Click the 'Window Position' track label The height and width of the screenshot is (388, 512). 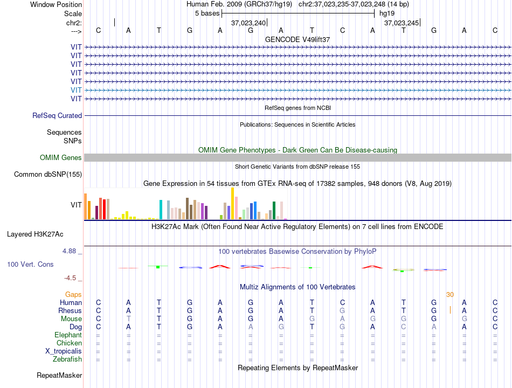point(56,4)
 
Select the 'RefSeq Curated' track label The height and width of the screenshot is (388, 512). point(57,116)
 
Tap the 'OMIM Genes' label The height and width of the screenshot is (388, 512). point(61,158)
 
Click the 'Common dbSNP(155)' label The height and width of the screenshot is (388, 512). point(48,175)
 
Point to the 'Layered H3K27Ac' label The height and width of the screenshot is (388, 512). point(35,234)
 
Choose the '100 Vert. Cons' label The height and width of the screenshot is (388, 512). point(30,264)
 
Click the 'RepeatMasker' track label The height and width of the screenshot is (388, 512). point(59,375)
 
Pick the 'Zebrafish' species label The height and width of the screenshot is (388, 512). point(67,359)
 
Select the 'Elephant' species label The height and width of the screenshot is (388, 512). point(68,335)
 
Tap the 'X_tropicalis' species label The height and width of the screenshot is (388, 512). point(64,351)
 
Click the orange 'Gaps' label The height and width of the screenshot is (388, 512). point(73,295)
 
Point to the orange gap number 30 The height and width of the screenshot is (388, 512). point(450,295)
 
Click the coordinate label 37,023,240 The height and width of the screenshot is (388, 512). point(248,23)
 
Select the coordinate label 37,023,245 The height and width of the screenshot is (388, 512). point(402,23)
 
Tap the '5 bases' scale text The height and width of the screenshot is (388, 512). point(207,13)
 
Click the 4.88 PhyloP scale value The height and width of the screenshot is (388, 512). point(69,251)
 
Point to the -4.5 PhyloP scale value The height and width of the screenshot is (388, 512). point(70,278)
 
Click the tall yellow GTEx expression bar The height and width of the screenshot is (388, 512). point(232,204)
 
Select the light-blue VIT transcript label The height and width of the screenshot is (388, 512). point(76,90)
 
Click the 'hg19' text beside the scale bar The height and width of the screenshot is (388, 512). point(387,13)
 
